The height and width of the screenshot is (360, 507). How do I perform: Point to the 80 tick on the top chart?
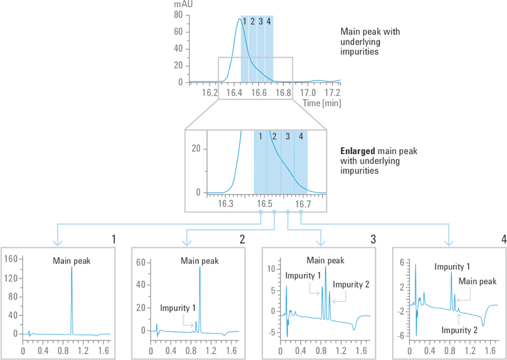click(x=178, y=15)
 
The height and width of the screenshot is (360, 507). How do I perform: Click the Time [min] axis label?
click(x=321, y=103)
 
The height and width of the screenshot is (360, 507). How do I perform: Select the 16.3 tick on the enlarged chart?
click(x=225, y=204)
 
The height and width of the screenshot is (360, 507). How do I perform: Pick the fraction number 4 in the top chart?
click(x=269, y=22)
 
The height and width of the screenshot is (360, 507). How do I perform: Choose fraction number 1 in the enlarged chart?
click(x=261, y=136)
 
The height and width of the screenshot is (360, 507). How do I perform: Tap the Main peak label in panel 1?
click(x=71, y=261)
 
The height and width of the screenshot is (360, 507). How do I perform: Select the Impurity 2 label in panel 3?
click(x=351, y=284)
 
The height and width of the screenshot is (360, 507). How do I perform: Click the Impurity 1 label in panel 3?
click(x=304, y=276)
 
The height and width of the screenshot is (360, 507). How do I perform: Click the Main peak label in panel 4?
click(x=477, y=281)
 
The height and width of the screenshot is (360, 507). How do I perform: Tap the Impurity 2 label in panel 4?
click(x=459, y=330)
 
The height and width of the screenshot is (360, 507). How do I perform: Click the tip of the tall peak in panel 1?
click(x=72, y=267)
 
